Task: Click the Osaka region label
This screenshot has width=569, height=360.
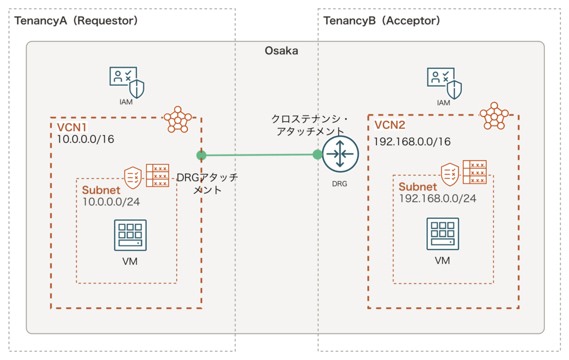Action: coord(281,51)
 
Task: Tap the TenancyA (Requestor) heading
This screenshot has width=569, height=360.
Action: coord(76,21)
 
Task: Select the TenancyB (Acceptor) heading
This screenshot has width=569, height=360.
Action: coord(382,21)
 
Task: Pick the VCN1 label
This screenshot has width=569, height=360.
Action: coord(70,127)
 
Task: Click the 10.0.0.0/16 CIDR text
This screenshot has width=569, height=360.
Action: coord(86,139)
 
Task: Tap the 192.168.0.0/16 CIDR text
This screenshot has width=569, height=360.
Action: coord(412,142)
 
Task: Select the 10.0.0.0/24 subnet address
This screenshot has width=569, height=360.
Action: coord(111,202)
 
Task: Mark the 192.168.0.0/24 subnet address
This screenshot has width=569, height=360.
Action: coord(438,198)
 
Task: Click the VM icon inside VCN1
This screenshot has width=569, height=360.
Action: coord(130,235)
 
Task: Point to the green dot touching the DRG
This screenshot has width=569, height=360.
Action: coord(317,154)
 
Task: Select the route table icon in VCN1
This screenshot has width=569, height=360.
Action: coord(157,175)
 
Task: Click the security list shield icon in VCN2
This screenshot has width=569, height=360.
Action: coord(450,173)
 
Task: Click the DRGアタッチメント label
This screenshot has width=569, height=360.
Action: coord(207,183)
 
